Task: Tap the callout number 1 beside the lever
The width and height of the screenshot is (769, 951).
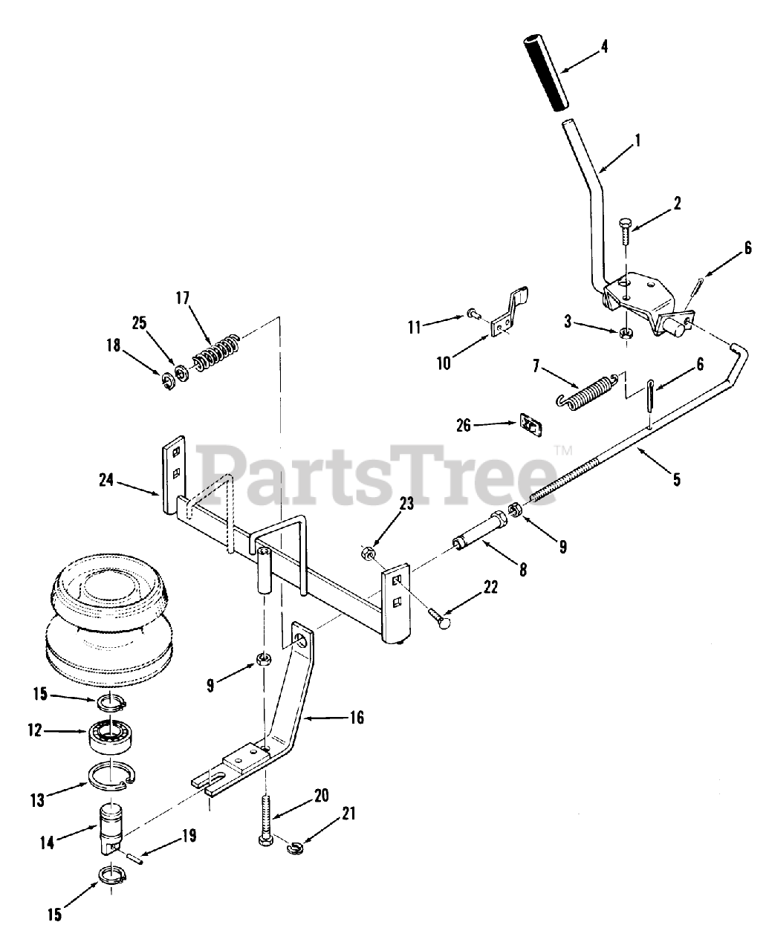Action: point(637,139)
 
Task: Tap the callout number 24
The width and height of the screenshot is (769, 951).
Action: point(106,480)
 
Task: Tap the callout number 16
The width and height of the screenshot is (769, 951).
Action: point(357,719)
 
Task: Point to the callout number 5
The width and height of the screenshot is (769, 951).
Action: point(676,479)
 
